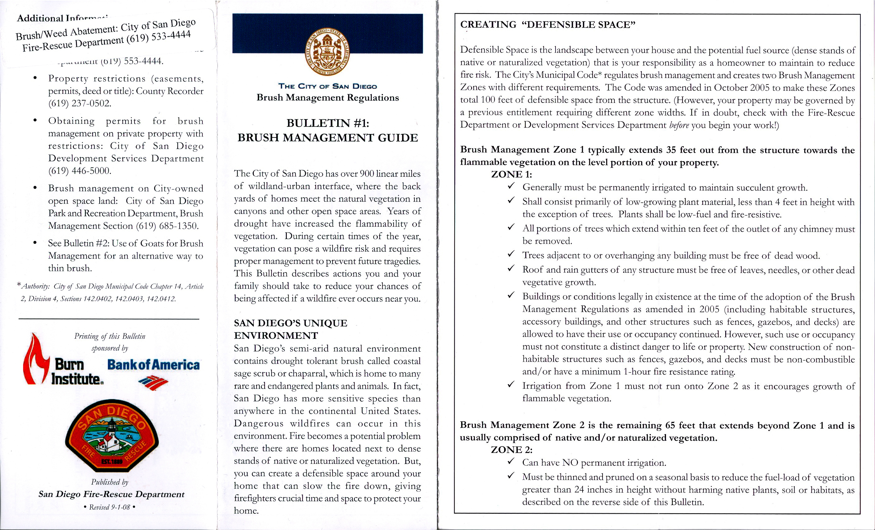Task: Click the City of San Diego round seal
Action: tap(327, 51)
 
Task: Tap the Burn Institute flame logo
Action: tap(35, 359)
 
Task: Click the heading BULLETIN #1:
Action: tap(327, 123)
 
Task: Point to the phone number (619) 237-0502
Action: tap(79, 104)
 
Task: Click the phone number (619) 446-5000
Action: tap(79, 171)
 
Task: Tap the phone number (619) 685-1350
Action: tap(167, 226)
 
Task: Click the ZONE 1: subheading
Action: tap(511, 174)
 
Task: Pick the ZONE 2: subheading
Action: tap(511, 450)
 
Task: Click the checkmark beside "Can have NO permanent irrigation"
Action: tap(511, 461)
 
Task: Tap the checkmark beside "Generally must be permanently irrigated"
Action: tap(511, 186)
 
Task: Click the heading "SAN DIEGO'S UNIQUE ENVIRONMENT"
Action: tap(291, 329)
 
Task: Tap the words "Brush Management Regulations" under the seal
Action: tap(327, 98)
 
